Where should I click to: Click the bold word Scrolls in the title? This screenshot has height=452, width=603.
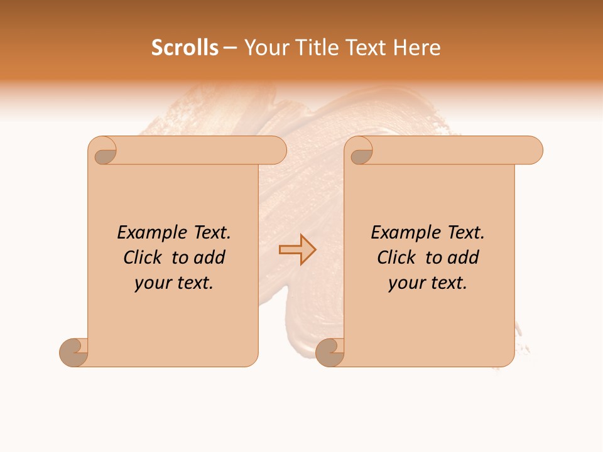tap(185, 48)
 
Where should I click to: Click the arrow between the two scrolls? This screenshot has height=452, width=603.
tap(297, 249)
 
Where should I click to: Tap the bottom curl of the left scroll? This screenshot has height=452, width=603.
tap(73, 352)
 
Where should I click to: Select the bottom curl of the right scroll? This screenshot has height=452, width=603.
tap(330, 352)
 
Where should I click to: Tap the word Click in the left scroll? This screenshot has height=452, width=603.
tap(144, 258)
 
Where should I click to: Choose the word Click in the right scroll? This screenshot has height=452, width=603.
tap(397, 258)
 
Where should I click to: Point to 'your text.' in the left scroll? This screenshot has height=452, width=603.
tap(174, 283)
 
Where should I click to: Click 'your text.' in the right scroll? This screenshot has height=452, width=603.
tap(428, 283)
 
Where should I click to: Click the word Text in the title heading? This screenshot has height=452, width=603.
tap(365, 48)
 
